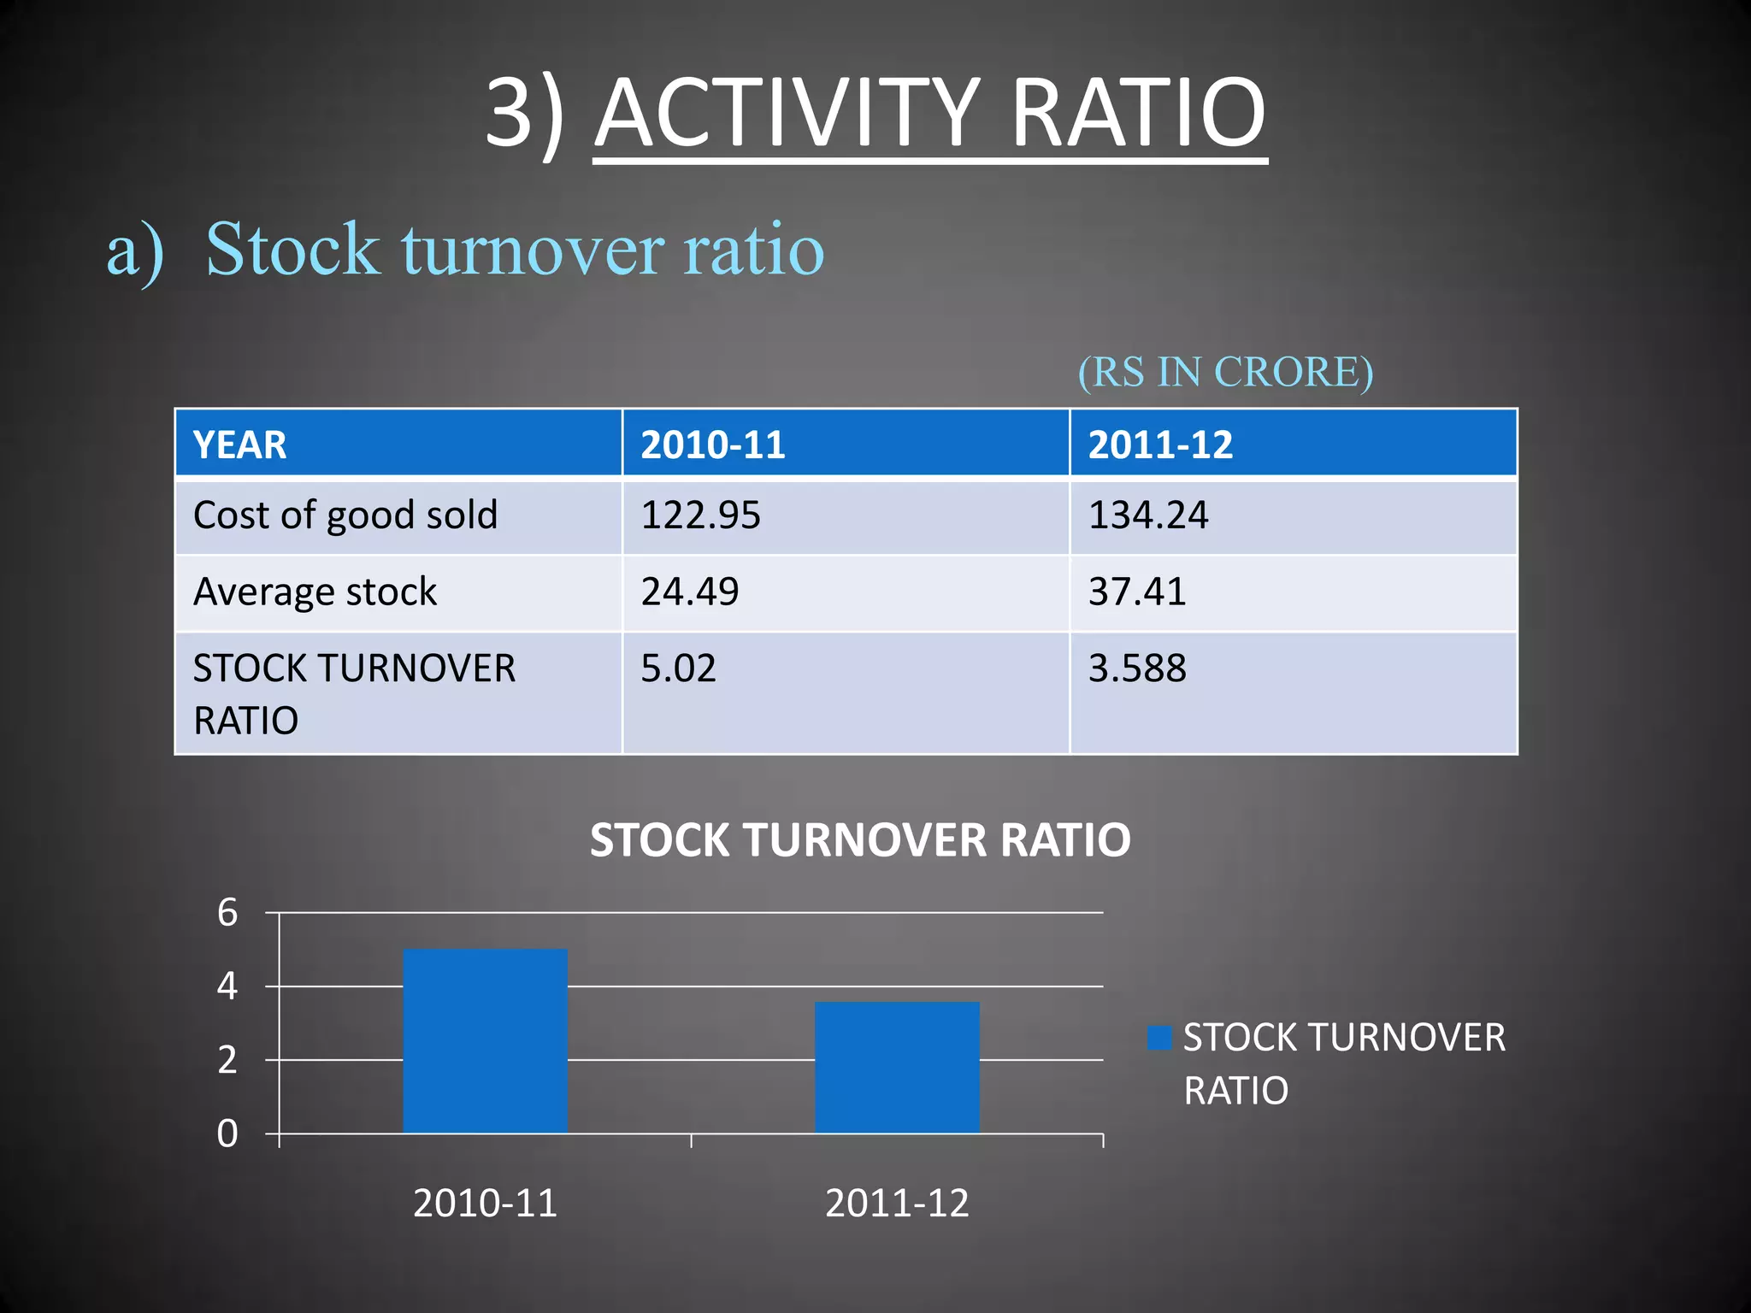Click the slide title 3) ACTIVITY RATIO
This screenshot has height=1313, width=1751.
coord(875,113)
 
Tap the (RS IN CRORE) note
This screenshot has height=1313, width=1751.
coord(1224,372)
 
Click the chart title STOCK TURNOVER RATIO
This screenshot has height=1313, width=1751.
coord(860,839)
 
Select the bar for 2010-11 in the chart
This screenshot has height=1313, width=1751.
coord(485,1041)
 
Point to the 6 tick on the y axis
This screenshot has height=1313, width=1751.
coord(227,913)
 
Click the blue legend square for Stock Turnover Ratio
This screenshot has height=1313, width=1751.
coord(1159,1038)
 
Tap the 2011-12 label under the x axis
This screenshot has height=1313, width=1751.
coord(897,1204)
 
